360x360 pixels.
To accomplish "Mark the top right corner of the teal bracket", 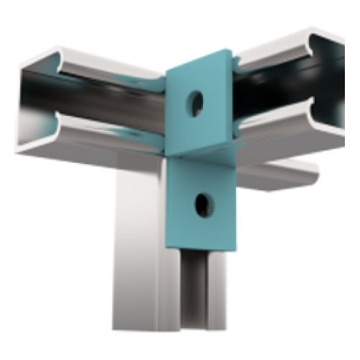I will click(230, 50).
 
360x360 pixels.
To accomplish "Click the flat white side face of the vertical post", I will click(137, 245).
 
